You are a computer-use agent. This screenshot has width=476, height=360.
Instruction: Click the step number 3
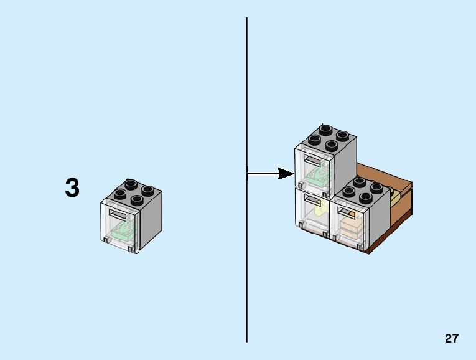72,188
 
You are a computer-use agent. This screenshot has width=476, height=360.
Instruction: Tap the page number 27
452,339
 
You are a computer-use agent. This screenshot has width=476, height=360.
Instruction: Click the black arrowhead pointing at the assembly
286,174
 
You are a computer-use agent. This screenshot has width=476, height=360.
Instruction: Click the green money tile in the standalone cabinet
123,232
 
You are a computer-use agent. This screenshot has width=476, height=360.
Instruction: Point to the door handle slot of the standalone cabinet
119,214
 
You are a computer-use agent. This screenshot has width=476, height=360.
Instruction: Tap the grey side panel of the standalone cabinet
151,221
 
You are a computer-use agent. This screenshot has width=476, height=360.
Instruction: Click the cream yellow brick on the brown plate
395,201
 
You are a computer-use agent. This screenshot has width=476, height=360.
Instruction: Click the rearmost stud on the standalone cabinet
131,184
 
